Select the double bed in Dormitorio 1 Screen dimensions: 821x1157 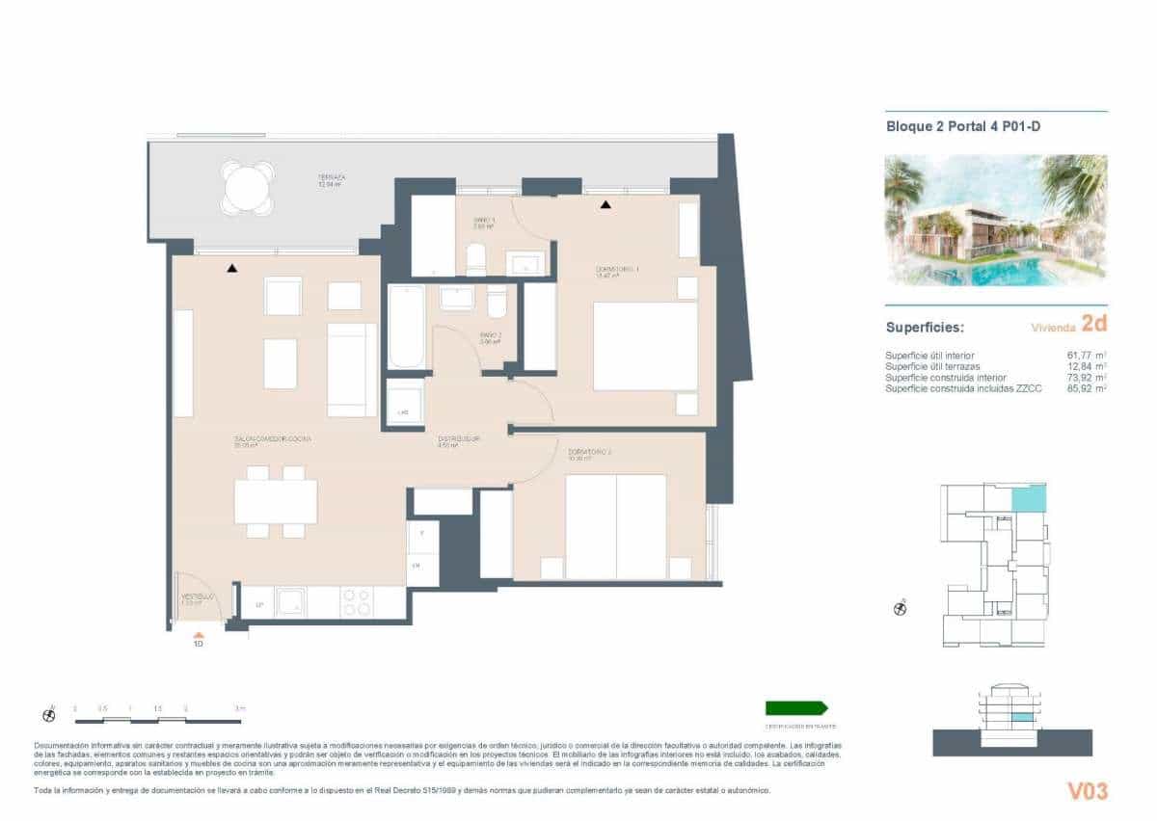pos(645,346)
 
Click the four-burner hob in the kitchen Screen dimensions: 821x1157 pos(356,602)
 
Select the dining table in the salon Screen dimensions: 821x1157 pos(276,501)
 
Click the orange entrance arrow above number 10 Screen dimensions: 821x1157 pos(199,635)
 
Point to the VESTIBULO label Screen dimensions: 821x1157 pos(199,598)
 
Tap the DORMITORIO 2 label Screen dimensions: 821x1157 pos(590,452)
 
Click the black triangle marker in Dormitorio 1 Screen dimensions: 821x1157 pos(605,204)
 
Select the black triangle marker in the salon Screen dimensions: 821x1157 pos(231,268)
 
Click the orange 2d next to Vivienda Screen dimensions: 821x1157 pos(1093,324)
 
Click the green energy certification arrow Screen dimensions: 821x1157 pos(796,707)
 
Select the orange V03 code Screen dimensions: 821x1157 pos(1087,791)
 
